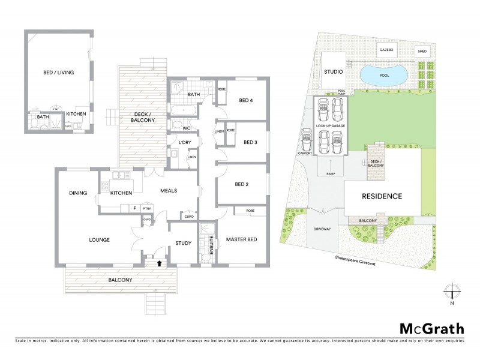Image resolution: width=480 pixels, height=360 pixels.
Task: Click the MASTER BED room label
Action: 241,240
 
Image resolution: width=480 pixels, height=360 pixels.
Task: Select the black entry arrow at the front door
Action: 159,262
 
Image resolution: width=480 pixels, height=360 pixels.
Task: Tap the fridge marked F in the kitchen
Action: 134,208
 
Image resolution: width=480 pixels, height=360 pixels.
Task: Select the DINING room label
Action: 78,193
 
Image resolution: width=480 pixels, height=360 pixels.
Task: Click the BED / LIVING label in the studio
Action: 58,73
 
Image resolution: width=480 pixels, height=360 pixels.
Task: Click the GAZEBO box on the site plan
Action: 385,51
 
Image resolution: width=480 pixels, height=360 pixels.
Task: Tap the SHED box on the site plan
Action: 422,52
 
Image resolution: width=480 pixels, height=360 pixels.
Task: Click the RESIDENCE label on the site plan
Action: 381,196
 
